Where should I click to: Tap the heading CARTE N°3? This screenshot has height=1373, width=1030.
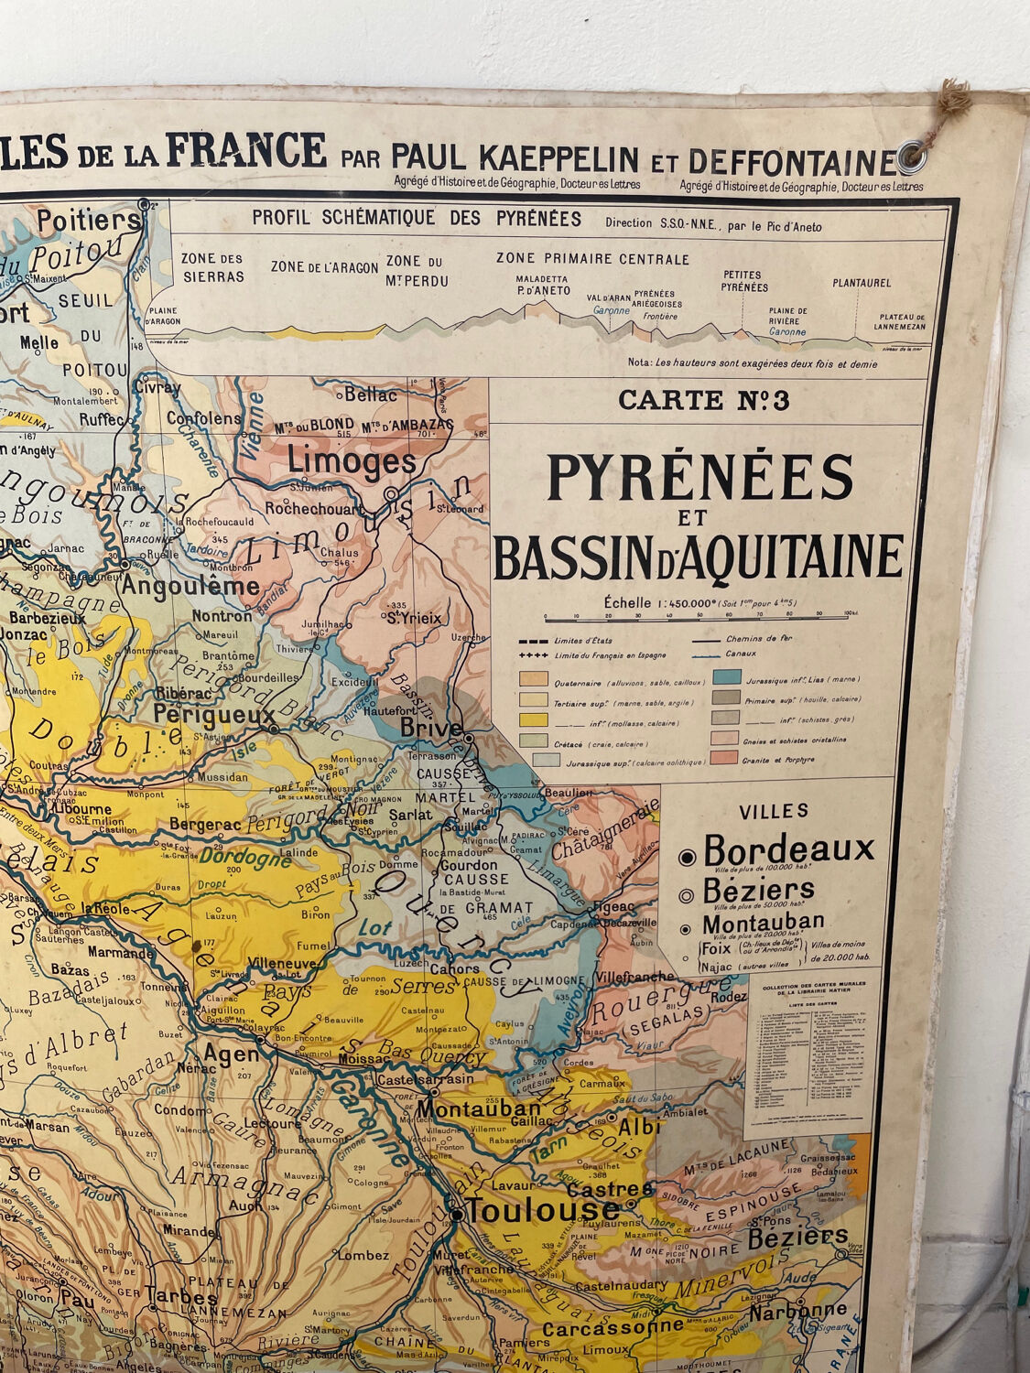(703, 400)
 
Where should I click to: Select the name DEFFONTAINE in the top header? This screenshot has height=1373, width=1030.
(792, 161)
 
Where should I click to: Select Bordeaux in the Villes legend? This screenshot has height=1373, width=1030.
(789, 850)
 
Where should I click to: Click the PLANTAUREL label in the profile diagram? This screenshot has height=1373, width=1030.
(861, 283)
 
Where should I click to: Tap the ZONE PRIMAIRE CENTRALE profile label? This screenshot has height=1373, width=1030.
(592, 259)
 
